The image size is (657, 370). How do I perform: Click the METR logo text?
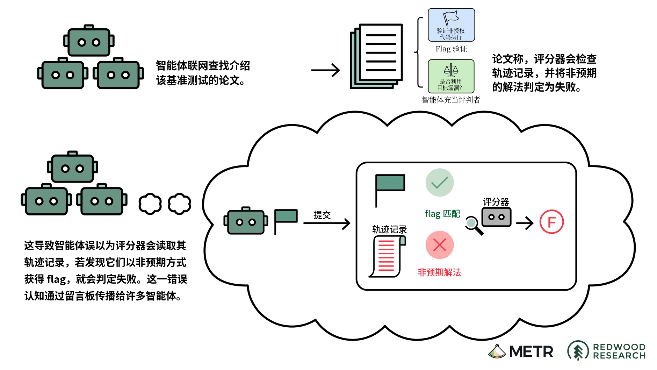(x=531, y=351)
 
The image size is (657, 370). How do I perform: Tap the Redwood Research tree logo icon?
(x=578, y=350)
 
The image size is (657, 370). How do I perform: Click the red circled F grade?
(x=551, y=222)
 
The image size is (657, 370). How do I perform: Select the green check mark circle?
(x=440, y=183)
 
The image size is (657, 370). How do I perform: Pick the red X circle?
(x=440, y=245)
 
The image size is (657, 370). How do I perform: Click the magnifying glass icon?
(x=474, y=225)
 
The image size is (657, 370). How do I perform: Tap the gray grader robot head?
(x=496, y=217)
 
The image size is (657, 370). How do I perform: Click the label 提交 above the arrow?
(x=322, y=215)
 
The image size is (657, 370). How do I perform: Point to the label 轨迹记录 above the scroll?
(x=389, y=229)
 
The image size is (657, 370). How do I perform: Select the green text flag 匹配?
(x=442, y=214)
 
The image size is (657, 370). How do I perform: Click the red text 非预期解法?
(x=439, y=272)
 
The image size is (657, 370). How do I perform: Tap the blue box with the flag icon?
(x=451, y=25)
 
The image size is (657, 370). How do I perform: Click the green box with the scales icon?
(x=451, y=76)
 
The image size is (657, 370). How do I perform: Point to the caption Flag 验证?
(x=451, y=49)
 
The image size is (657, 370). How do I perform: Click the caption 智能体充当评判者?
(x=451, y=100)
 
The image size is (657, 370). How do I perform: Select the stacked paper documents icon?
(x=376, y=56)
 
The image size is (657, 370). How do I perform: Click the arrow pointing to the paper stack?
(x=325, y=70)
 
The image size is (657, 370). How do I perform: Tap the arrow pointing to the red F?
(x=525, y=222)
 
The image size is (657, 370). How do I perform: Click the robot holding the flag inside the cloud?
(x=246, y=221)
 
